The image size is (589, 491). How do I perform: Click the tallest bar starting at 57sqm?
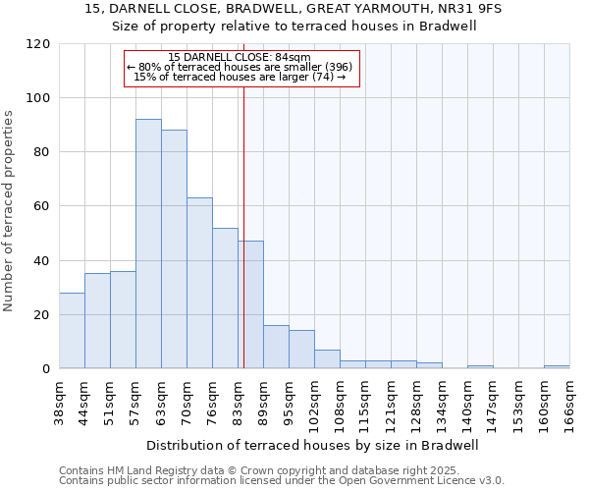pos(148,244)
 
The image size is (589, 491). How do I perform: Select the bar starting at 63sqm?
pos(174,249)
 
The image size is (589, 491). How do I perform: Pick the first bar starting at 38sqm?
pos(72,331)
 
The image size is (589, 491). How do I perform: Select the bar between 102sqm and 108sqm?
pos(327,359)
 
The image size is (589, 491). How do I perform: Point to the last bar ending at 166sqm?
pos(557,367)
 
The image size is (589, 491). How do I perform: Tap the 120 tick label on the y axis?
pos(38,44)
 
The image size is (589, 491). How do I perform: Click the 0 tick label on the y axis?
pos(46,369)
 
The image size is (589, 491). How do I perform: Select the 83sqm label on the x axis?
pos(239,402)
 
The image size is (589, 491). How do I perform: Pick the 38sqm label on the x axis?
pos(60,402)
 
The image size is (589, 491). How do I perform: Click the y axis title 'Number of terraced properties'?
pos(10,211)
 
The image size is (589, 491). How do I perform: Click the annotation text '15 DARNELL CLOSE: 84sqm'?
pos(240,58)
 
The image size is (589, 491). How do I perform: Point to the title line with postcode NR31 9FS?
pos(294,9)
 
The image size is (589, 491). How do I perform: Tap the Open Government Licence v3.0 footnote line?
pos(282,481)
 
